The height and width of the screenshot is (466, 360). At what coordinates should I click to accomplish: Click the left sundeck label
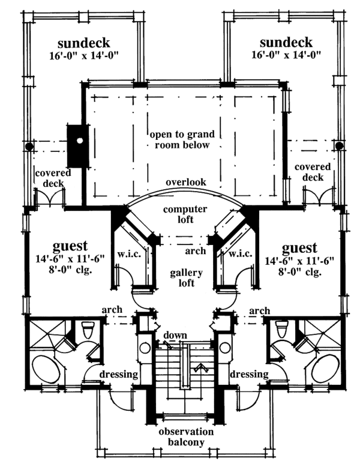(84, 43)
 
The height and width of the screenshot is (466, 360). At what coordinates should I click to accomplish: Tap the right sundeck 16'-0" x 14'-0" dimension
(286, 55)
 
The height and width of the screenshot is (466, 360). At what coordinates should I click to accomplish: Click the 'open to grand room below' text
(182, 140)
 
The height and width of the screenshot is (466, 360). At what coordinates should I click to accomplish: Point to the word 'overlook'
(186, 182)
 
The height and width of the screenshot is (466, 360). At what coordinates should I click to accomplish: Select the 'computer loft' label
(185, 214)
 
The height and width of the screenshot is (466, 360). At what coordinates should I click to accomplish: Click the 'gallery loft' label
(186, 277)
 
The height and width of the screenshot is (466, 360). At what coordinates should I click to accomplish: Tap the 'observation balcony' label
(186, 437)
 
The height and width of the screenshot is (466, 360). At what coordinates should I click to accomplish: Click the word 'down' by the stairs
(175, 335)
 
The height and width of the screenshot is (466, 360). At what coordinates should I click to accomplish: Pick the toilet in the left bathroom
(88, 330)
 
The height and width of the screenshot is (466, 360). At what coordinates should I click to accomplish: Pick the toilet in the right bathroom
(281, 328)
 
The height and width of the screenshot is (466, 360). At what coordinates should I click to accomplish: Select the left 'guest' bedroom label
(70, 246)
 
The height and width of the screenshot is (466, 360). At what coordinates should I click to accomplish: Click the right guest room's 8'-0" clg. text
(300, 272)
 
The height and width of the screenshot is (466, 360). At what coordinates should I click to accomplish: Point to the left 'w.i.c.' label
(129, 255)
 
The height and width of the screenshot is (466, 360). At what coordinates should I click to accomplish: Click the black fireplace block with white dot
(78, 146)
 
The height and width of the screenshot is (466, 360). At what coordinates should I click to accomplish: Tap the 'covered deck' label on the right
(313, 172)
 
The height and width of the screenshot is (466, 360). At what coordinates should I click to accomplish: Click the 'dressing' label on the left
(119, 375)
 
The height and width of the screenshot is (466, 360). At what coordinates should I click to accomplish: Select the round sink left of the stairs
(145, 348)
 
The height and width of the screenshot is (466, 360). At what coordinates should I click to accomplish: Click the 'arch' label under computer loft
(195, 251)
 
